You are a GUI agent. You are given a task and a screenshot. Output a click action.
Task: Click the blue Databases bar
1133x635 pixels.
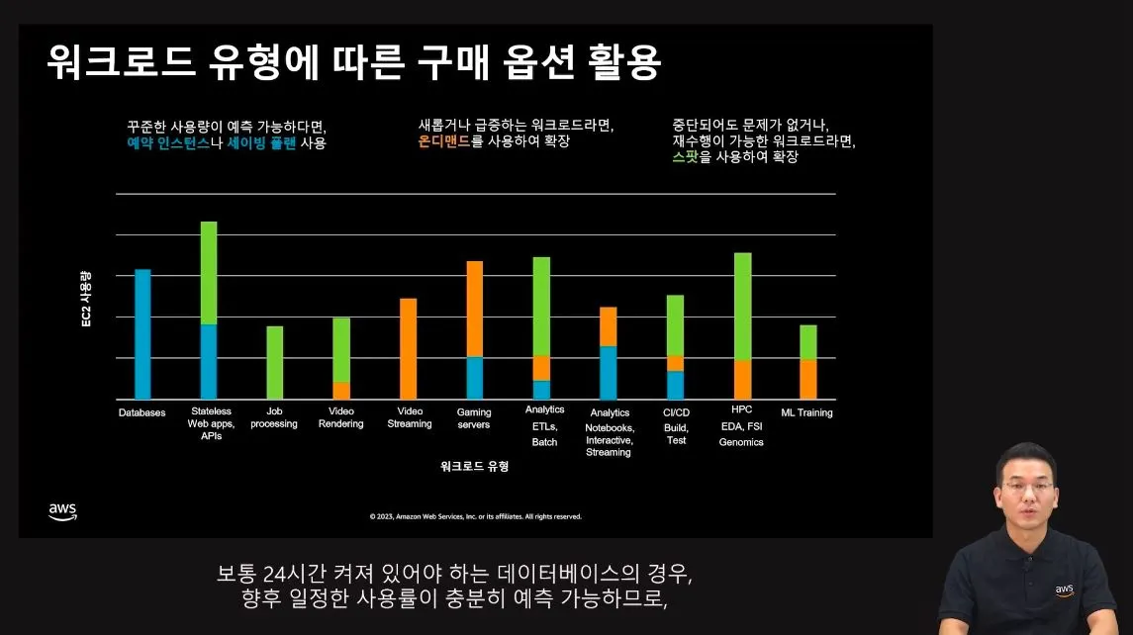coord(142,333)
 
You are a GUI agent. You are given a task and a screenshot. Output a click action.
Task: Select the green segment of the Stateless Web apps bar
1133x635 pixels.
coord(209,273)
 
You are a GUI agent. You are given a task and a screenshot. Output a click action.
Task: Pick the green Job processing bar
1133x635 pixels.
coord(275,362)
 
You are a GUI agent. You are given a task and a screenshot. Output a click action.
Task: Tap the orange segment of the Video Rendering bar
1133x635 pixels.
coord(341,390)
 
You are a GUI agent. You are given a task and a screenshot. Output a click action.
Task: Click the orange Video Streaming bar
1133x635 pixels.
coord(408,348)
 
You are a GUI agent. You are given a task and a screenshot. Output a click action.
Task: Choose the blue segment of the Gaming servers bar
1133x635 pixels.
coord(474,377)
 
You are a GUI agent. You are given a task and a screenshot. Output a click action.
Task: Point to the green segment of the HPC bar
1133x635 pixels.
coord(742,307)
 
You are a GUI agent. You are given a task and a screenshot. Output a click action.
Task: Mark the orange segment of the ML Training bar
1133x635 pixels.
coord(808,379)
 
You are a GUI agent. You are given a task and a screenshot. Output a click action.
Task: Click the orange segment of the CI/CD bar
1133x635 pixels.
coord(675,363)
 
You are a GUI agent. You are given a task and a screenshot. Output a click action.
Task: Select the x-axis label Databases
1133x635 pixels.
coord(142,412)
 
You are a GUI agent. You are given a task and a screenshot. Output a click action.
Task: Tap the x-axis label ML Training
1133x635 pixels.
coord(806,412)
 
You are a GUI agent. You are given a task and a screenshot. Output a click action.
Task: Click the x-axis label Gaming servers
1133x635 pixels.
coord(474,417)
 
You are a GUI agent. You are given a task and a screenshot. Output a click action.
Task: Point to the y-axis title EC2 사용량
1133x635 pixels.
coord(86,297)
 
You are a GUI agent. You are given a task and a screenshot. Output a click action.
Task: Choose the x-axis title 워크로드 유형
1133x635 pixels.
coord(474,466)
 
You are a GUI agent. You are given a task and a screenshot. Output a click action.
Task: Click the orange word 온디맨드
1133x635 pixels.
coord(444,142)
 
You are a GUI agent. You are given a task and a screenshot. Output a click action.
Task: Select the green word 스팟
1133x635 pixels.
coord(684,156)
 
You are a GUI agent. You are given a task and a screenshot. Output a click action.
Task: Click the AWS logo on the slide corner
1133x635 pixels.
coord(62,511)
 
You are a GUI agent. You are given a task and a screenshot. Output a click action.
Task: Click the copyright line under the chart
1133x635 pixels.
coord(475,516)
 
